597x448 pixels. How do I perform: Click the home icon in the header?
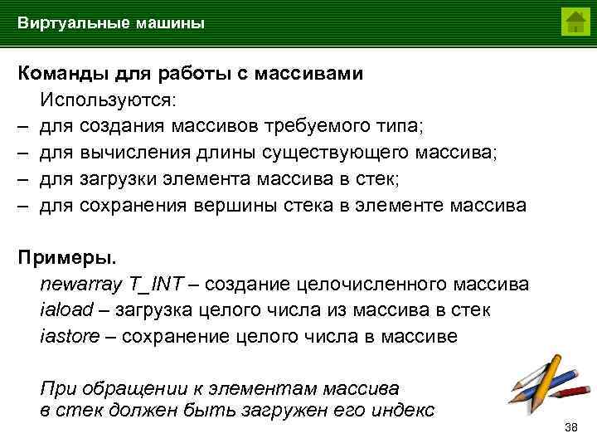pyautogui.click(x=575, y=22)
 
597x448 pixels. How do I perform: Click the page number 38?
pyautogui.click(x=570, y=427)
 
